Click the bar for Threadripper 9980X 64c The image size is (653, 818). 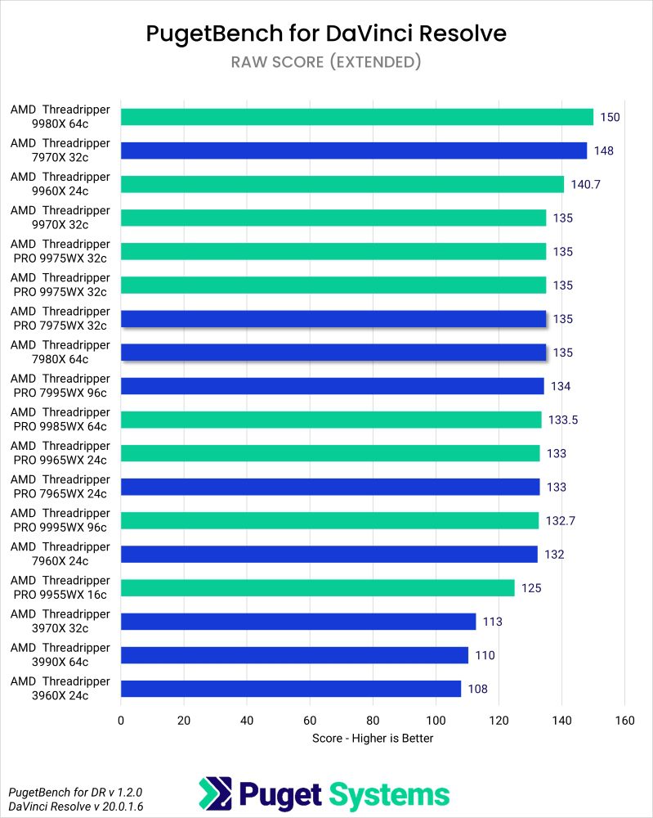point(356,117)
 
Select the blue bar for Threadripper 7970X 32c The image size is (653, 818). point(353,151)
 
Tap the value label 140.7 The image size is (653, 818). point(586,185)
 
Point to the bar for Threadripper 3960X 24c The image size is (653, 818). point(290,689)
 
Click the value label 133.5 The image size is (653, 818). point(564,420)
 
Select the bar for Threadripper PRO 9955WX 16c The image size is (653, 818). point(317,588)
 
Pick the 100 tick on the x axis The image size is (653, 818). point(436,721)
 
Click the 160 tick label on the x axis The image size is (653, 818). point(624,721)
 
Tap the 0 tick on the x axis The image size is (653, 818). point(121,721)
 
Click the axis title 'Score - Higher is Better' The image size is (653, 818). point(372,739)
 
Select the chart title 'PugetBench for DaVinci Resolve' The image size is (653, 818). point(326,34)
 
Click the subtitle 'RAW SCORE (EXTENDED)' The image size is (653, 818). point(326,62)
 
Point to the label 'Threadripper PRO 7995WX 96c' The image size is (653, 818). point(60,386)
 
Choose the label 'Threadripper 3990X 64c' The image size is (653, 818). point(60,655)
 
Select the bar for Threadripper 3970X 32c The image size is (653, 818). point(297,622)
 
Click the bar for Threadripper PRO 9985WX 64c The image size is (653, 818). point(331,420)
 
